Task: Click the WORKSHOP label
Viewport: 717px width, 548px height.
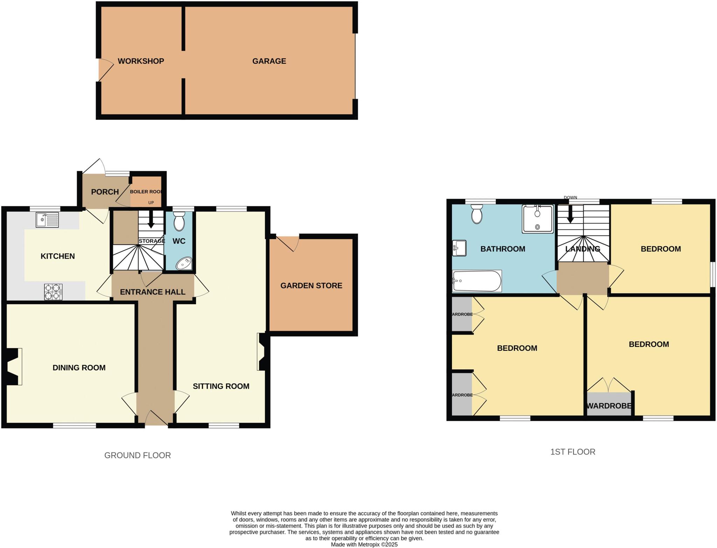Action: pos(141,61)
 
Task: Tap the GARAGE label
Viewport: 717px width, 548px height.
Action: pos(269,61)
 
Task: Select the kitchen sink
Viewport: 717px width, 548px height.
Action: pos(47,220)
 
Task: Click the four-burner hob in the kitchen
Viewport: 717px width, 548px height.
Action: pos(53,292)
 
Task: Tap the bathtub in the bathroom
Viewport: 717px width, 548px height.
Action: pos(477,281)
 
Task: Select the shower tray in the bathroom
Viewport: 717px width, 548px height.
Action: pos(537,219)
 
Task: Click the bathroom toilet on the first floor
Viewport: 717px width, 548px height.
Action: pos(477,214)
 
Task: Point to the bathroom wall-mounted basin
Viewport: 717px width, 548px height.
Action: pos(459,248)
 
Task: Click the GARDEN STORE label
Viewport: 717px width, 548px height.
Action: pos(311,286)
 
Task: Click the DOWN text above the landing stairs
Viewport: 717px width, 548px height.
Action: pos(570,198)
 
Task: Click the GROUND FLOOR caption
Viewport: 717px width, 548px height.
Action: pos(138,455)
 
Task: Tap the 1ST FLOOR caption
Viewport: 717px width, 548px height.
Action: pos(573,452)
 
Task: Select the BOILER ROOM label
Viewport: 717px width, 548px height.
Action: pos(146,192)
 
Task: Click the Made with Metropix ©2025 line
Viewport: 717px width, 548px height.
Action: pos(364,544)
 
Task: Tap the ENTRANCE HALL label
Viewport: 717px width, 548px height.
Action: pos(153,292)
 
